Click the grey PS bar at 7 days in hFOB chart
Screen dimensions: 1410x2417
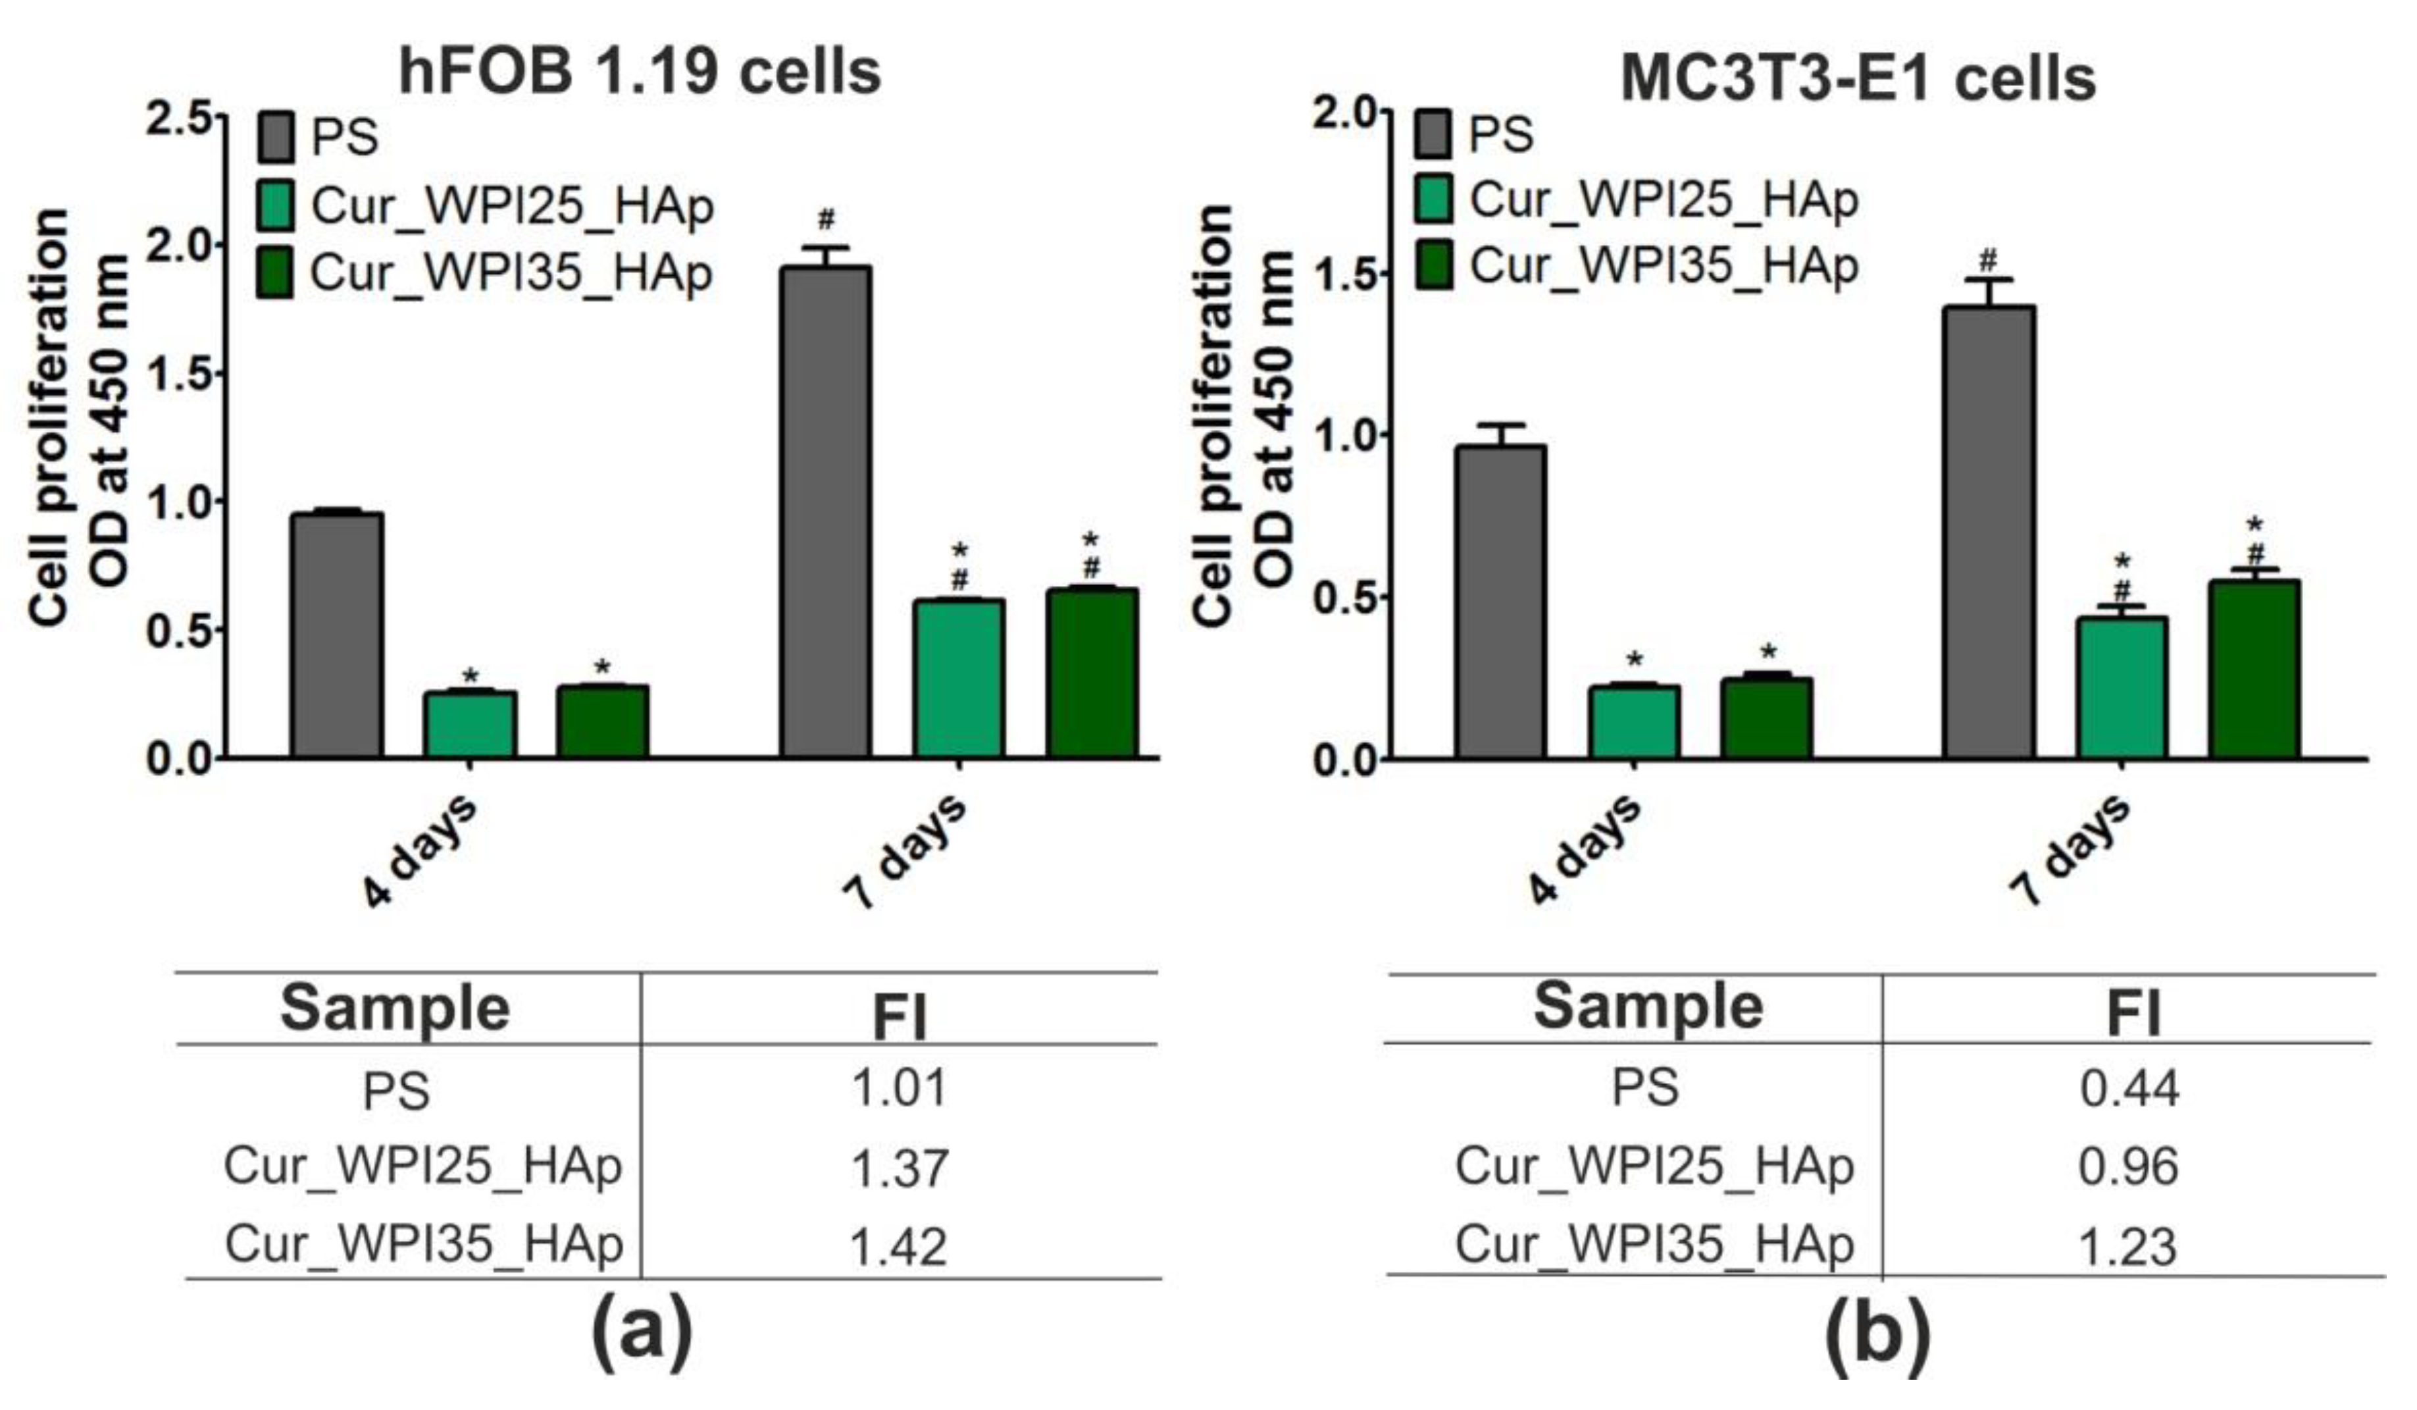(825, 513)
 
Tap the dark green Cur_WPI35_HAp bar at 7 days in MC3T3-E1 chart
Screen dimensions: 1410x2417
(2254, 669)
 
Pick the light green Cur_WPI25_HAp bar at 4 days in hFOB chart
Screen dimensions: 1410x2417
(470, 724)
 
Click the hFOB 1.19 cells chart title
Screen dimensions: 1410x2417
(640, 71)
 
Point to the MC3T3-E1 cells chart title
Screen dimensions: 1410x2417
(1858, 77)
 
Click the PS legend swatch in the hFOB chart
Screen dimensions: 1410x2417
(276, 137)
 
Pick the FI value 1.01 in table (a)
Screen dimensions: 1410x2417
(899, 1087)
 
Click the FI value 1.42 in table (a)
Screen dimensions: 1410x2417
(899, 1245)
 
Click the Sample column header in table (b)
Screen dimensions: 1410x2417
(1648, 1006)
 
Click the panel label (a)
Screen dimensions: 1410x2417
(641, 1336)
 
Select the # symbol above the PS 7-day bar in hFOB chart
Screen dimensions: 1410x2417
(826, 221)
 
